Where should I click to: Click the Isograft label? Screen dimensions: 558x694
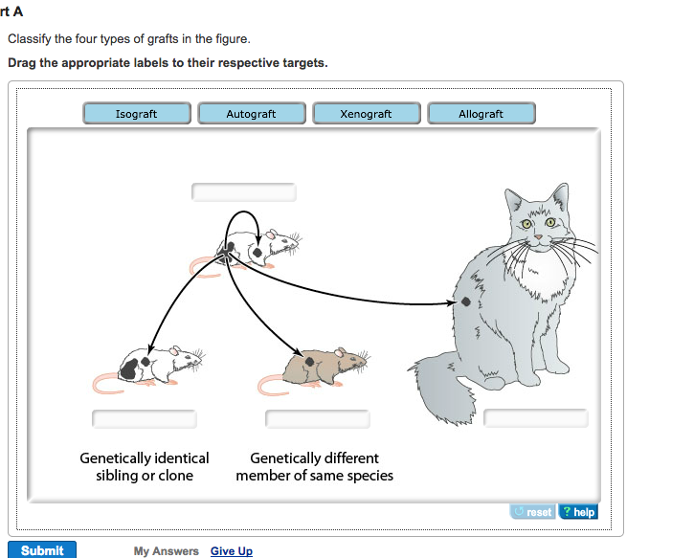[x=137, y=114]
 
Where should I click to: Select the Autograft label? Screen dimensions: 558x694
[x=251, y=114]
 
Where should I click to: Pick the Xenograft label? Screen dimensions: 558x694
[x=366, y=114]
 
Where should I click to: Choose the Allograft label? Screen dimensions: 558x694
[x=481, y=114]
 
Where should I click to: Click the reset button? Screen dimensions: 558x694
[x=532, y=512]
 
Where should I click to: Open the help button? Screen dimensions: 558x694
[x=577, y=512]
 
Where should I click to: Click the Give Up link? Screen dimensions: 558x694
[x=232, y=551]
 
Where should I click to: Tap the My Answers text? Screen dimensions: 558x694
[x=167, y=551]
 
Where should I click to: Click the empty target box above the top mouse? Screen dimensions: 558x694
[x=244, y=192]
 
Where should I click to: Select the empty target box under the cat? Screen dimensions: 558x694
[x=535, y=418]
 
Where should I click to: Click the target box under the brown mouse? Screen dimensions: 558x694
[x=317, y=419]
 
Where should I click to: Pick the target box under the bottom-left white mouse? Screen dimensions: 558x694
[x=145, y=419]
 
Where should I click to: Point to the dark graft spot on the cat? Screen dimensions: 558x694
[x=465, y=302]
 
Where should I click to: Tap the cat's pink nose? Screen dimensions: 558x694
[x=538, y=234]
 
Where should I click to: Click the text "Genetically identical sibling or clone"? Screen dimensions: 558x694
[x=145, y=467]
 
